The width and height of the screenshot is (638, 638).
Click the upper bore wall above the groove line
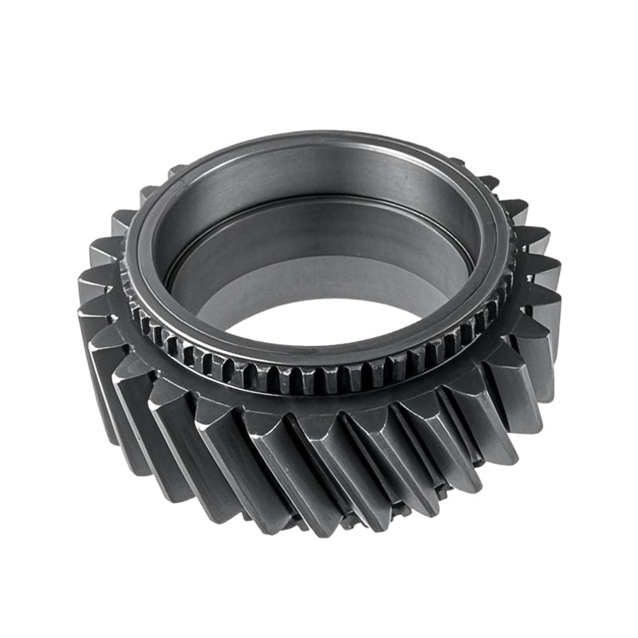point(319,191)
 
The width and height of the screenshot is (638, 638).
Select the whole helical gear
point(319,335)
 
